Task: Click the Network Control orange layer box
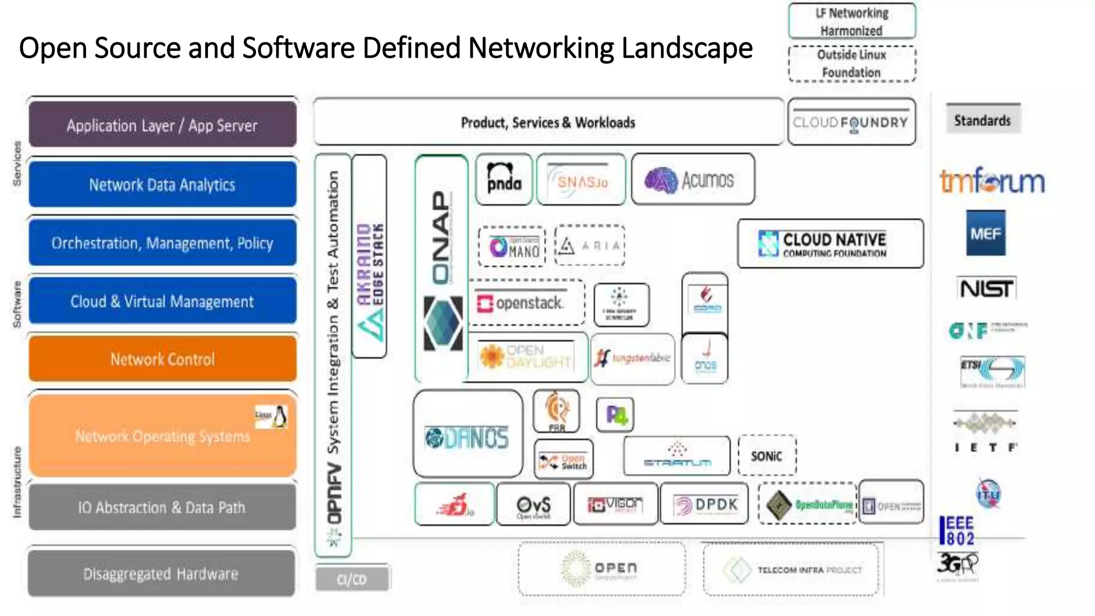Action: [x=163, y=359]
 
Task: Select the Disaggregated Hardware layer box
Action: [x=161, y=574]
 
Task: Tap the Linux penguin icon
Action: [x=279, y=417]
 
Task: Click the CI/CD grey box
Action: [x=352, y=579]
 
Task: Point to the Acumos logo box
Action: [x=692, y=180]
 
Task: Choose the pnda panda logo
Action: [x=504, y=179]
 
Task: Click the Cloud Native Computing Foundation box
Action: [x=830, y=244]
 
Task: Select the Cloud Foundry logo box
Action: [x=851, y=122]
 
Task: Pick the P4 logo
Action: [x=615, y=415]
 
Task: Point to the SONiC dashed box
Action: [x=767, y=456]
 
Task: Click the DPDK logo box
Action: [x=704, y=504]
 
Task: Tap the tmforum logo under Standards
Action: [x=992, y=181]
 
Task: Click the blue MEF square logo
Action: [x=985, y=233]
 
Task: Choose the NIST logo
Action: [x=985, y=289]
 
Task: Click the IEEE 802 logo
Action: [x=957, y=530]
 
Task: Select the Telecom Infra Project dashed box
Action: [x=791, y=570]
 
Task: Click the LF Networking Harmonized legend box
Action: [x=852, y=21]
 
